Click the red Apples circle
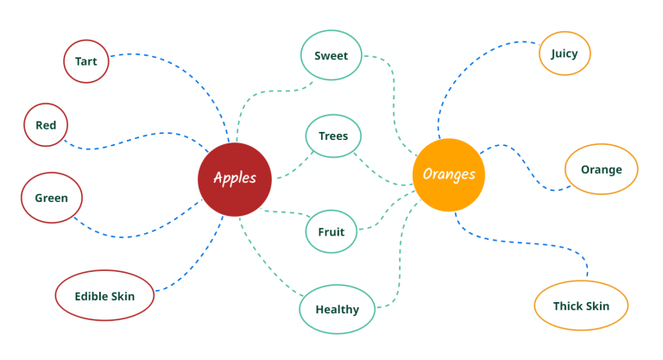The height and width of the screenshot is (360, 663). (234, 178)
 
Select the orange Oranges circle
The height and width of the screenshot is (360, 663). (448, 174)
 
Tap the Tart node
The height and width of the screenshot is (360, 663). (85, 62)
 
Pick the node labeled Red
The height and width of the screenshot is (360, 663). (46, 125)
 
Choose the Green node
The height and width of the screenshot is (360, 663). (51, 198)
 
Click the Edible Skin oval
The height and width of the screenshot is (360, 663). (104, 296)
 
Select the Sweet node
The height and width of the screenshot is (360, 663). (331, 56)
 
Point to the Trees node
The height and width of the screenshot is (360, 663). (333, 136)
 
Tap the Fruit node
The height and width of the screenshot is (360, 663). (331, 231)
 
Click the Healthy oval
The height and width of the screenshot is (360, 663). (337, 309)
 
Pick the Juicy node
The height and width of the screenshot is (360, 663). (564, 54)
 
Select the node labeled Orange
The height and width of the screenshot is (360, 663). (601, 169)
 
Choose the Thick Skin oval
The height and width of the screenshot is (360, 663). (580, 306)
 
